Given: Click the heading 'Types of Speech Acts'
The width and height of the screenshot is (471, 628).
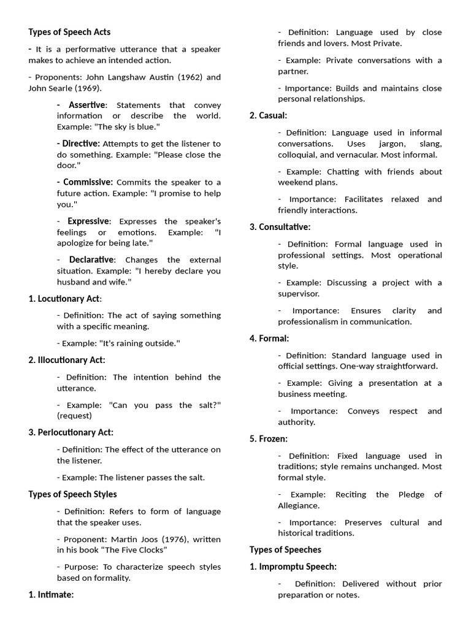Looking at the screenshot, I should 69,32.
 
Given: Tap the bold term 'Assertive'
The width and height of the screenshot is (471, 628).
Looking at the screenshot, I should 87,105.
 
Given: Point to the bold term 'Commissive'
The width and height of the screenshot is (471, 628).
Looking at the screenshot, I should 88,182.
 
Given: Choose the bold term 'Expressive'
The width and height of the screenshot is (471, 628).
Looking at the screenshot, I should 89,221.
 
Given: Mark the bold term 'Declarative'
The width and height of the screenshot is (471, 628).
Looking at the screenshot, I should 91,259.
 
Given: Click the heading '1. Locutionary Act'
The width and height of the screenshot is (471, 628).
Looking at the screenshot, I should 65,299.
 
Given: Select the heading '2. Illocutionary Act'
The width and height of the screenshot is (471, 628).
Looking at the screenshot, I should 67,360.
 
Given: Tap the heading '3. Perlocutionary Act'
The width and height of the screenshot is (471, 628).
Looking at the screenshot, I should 71,432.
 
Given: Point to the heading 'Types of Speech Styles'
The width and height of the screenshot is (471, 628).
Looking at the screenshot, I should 72,494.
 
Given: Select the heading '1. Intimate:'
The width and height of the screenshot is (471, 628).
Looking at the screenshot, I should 51,594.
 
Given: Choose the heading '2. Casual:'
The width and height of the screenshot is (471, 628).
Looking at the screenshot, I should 268,115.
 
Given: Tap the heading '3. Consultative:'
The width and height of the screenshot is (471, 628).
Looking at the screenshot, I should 280,227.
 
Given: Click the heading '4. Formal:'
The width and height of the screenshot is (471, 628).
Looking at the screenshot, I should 269,338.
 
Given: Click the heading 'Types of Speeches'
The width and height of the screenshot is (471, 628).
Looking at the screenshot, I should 285,549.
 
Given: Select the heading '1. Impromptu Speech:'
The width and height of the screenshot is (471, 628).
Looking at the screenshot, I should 293,567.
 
